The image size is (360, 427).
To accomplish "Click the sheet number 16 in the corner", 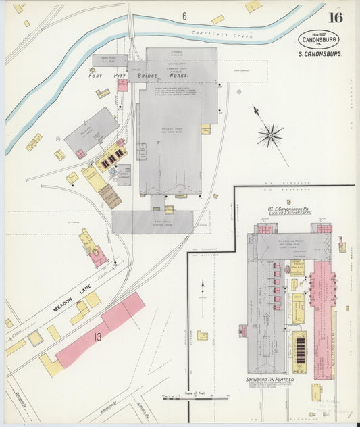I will click(335, 18).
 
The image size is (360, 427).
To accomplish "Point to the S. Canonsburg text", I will click(319, 54).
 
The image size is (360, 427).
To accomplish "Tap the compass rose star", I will click(269, 135).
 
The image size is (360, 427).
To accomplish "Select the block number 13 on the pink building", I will click(98, 336).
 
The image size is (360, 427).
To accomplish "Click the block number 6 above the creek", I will click(184, 15).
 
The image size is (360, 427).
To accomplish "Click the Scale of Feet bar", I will click(196, 399).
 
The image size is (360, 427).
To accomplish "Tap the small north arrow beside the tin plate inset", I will click(202, 297).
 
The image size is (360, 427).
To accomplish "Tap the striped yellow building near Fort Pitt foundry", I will click(111, 157).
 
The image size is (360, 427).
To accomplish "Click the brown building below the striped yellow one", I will click(110, 197).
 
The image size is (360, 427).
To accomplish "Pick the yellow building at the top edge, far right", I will click(253, 6).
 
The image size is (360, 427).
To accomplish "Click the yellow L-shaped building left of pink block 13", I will click(51, 366).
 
